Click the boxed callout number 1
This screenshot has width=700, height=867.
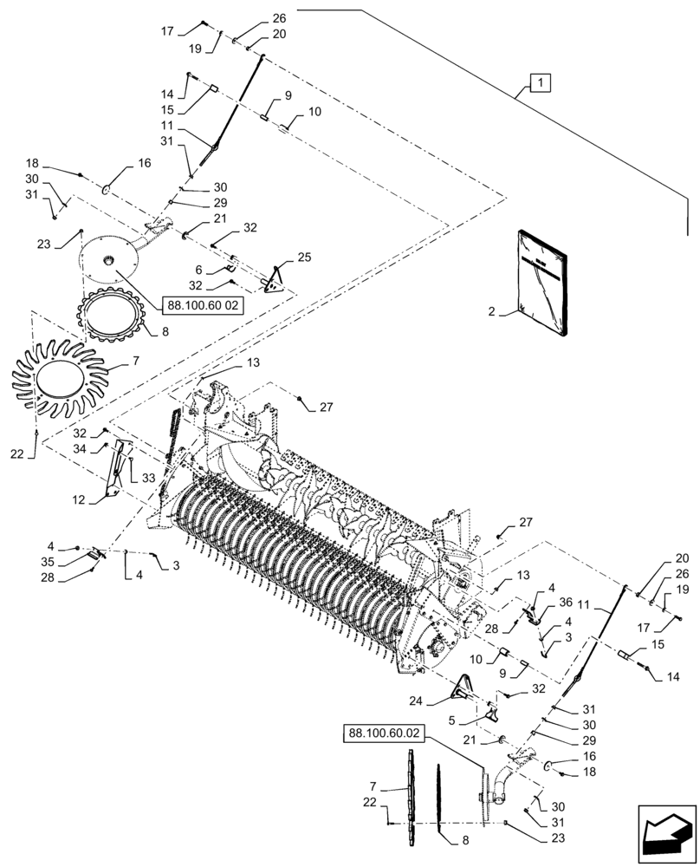click(539, 83)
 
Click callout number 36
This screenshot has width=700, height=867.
click(567, 603)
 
